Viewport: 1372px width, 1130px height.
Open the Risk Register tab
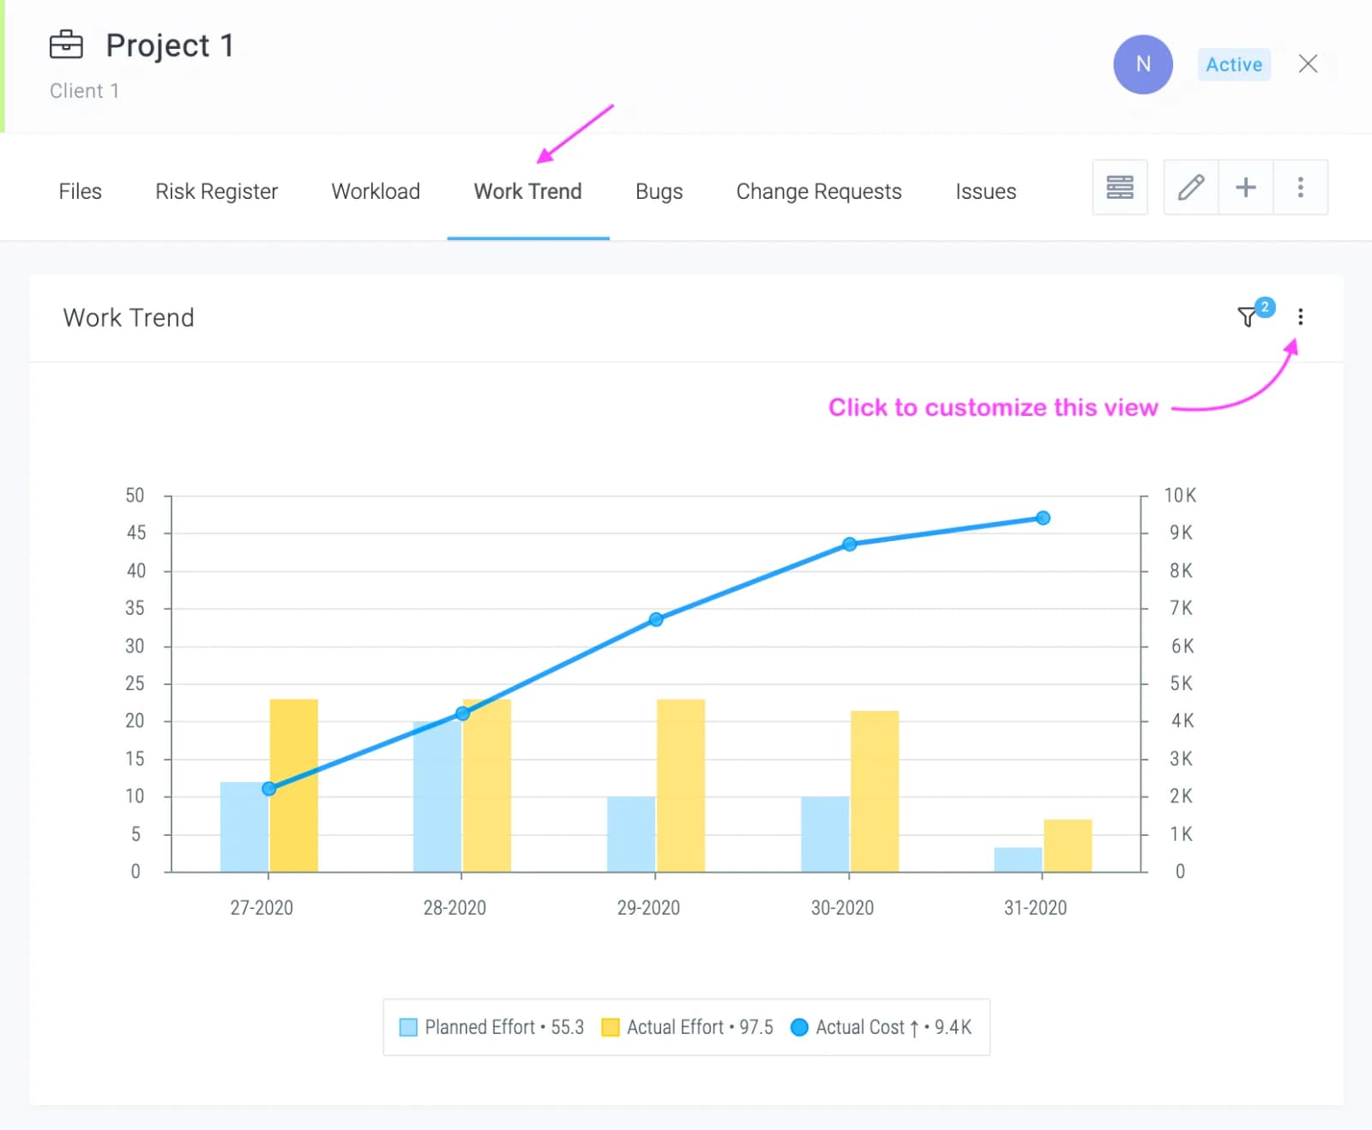[x=216, y=191]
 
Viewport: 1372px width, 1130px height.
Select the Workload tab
[x=376, y=191]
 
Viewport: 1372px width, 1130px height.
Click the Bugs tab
[x=659, y=191]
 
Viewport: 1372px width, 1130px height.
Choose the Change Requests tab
[x=819, y=191]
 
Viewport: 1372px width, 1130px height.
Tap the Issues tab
[x=985, y=191]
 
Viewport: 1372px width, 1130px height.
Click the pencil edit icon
[x=1191, y=187]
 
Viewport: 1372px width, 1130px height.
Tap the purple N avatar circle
[x=1143, y=64]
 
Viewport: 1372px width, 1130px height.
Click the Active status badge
[x=1234, y=64]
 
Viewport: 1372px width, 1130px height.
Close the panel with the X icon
[x=1308, y=63]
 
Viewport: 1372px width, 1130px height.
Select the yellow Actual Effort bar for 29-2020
[x=681, y=785]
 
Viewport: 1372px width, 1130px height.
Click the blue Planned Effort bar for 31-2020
[x=1018, y=859]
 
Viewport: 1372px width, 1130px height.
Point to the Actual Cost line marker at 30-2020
[x=849, y=544]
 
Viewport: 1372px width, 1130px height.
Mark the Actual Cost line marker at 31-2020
[x=1043, y=518]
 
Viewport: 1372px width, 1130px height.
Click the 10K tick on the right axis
[x=1180, y=496]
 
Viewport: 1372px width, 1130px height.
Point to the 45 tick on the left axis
[x=136, y=533]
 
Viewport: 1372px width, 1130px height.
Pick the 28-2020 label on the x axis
[x=454, y=908]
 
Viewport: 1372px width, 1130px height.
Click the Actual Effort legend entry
[x=688, y=1027]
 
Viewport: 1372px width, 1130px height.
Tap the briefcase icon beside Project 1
[x=66, y=45]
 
